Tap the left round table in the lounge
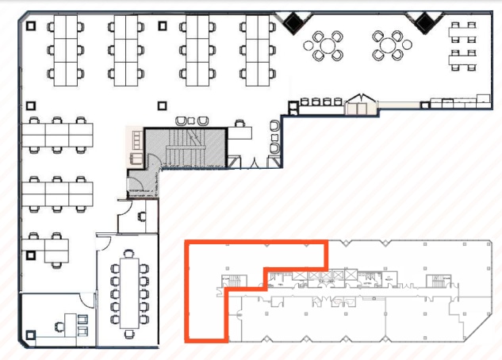(x=326, y=44)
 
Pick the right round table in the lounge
(x=388, y=44)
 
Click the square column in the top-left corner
(x=30, y=25)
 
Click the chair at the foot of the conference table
(x=128, y=327)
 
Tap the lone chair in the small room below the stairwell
(x=142, y=215)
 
